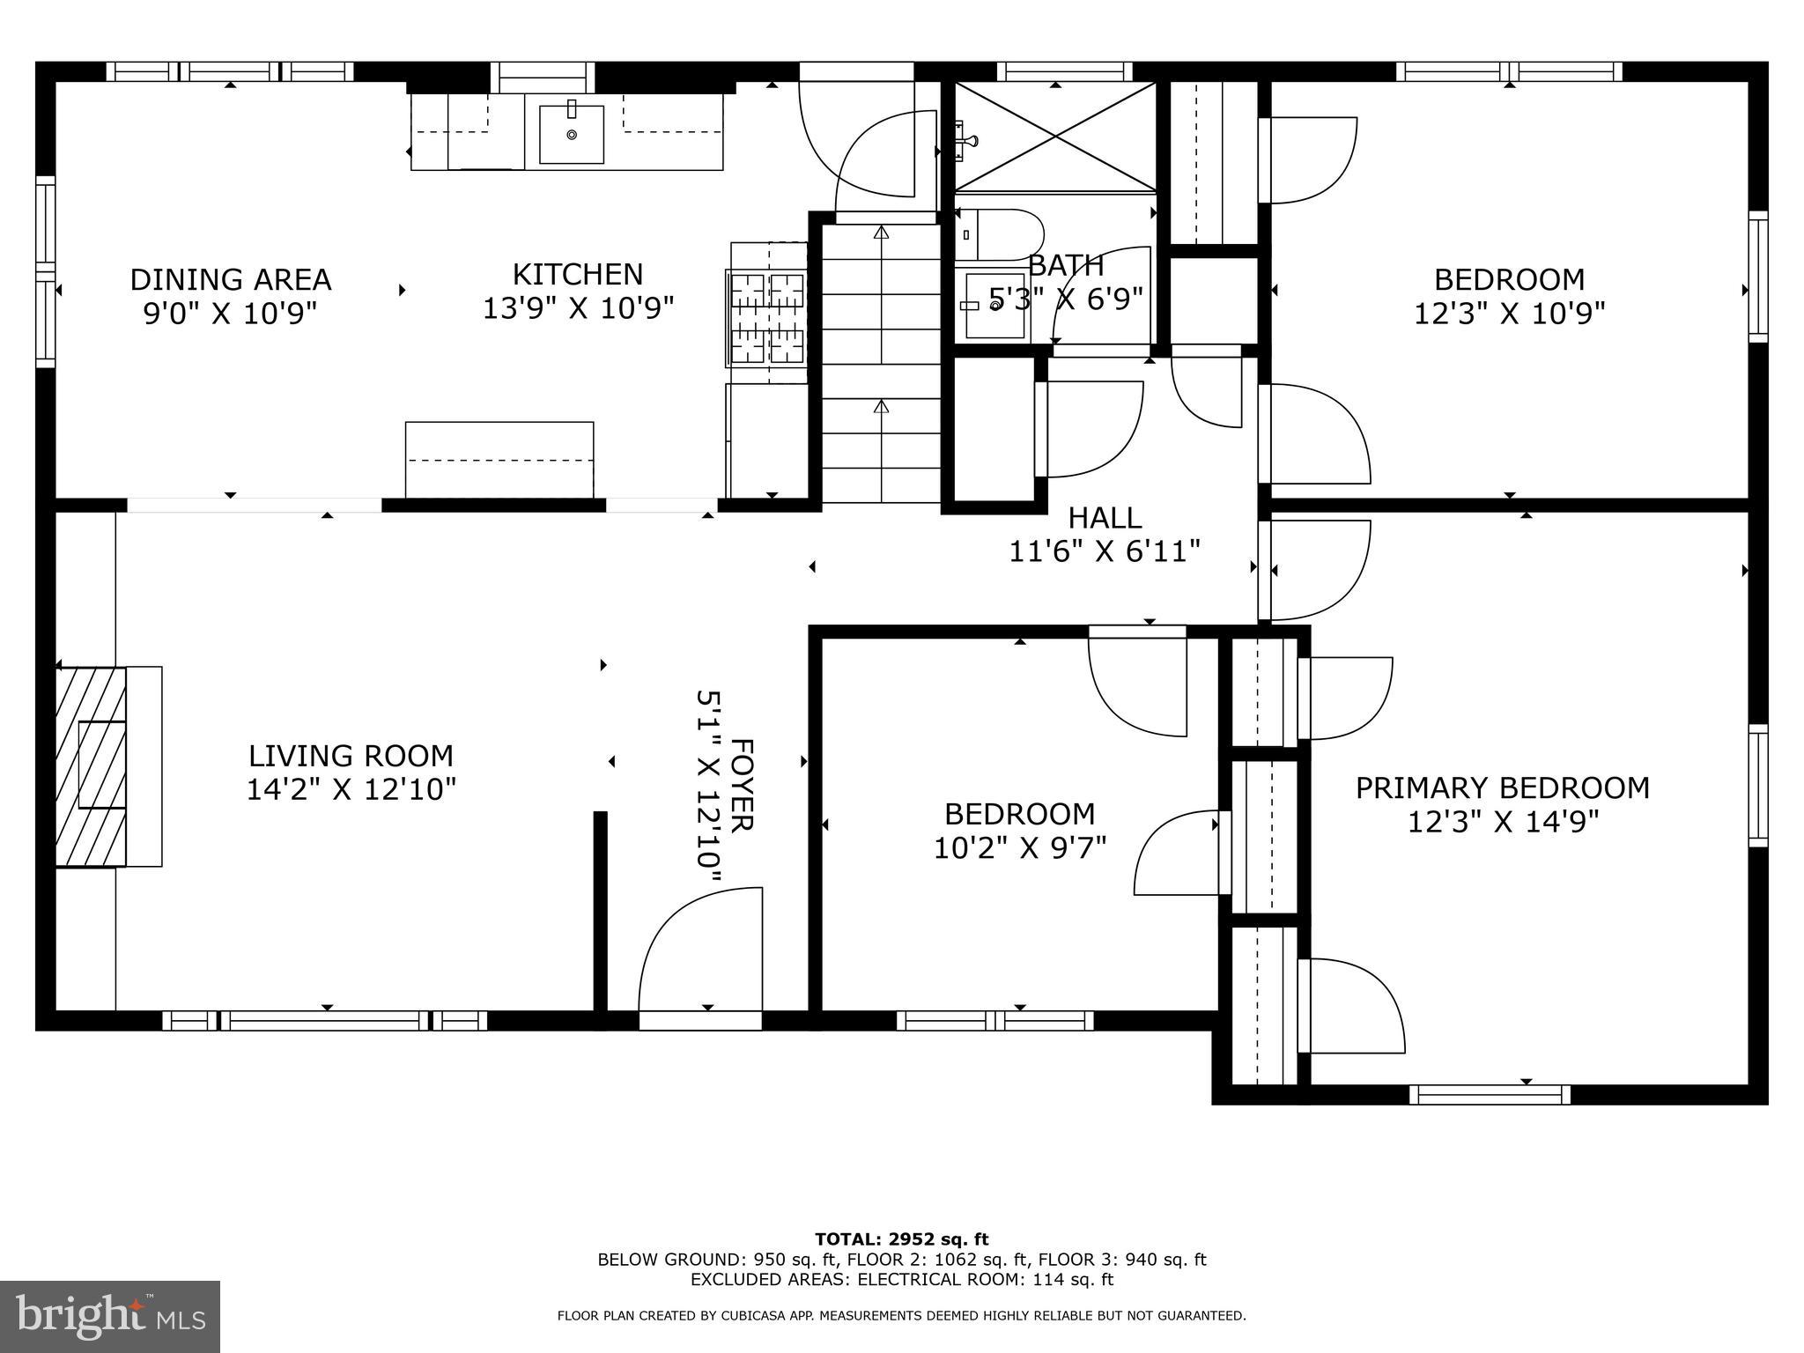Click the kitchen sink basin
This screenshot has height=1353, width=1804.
click(x=572, y=134)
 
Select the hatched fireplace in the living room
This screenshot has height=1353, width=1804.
click(x=92, y=766)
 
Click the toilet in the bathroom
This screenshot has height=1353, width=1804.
click(x=998, y=234)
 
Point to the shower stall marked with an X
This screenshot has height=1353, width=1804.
click(x=1055, y=137)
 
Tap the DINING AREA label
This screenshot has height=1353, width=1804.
click(x=231, y=279)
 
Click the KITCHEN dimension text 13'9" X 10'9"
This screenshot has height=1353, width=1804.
click(x=578, y=308)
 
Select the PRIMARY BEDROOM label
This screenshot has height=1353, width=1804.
click(x=1502, y=787)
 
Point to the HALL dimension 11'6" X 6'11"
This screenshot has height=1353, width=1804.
click(x=1104, y=551)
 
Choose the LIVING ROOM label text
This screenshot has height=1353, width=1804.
click(x=351, y=756)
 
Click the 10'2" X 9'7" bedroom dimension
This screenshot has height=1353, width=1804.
click(x=1020, y=847)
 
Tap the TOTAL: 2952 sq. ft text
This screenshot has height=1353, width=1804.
click(x=901, y=1239)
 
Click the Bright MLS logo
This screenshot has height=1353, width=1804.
click(x=110, y=1316)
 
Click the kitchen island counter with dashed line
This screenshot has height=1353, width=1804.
click(x=499, y=460)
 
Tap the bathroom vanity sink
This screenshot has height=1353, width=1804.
click(x=996, y=305)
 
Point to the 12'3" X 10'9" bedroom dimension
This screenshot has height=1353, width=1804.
click(x=1509, y=314)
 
